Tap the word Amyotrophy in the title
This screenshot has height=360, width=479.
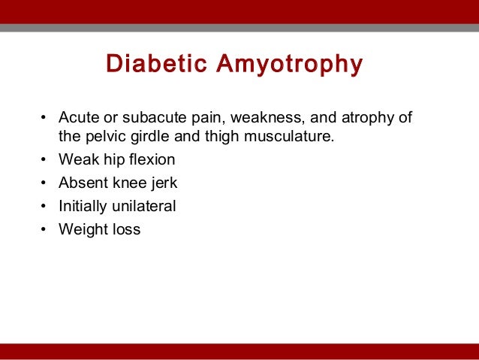coord(289,64)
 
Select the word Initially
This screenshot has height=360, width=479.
coord(83,207)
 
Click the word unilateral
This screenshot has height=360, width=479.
coord(145,207)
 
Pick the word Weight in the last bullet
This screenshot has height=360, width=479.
coord(82,230)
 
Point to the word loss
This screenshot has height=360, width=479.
coord(125,230)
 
